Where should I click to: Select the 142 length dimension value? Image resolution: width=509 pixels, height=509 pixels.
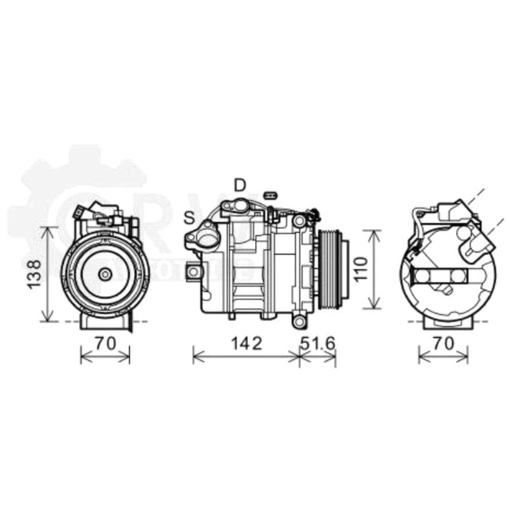point(246,344)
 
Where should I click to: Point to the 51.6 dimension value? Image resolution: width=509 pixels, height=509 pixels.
point(318,344)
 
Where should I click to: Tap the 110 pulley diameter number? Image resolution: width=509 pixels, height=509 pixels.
point(360,269)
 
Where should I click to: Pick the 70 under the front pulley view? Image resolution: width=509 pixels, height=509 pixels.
point(105,344)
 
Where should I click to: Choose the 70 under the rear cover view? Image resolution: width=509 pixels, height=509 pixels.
point(443,344)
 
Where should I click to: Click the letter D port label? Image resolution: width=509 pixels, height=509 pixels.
point(240,186)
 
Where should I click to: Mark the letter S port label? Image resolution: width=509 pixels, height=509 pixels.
point(189,218)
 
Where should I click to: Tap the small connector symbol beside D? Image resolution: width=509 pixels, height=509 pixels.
point(270,195)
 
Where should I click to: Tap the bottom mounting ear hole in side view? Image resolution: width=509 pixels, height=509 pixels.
point(299,322)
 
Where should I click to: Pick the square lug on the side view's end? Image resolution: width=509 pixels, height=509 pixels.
point(193,272)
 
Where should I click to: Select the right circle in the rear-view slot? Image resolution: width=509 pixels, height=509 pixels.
point(458,276)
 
